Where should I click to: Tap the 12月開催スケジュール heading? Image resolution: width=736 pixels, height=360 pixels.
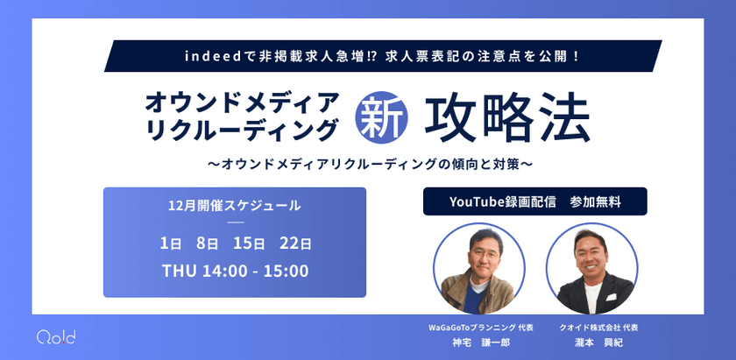click(x=235, y=207)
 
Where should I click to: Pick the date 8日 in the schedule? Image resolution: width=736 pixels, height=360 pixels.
click(x=208, y=243)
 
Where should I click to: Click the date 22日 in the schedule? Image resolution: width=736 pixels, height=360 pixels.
click(x=295, y=243)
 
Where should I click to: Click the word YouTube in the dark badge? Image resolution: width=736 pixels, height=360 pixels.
click(x=476, y=201)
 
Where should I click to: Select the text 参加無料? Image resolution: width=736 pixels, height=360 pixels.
click(x=595, y=201)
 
